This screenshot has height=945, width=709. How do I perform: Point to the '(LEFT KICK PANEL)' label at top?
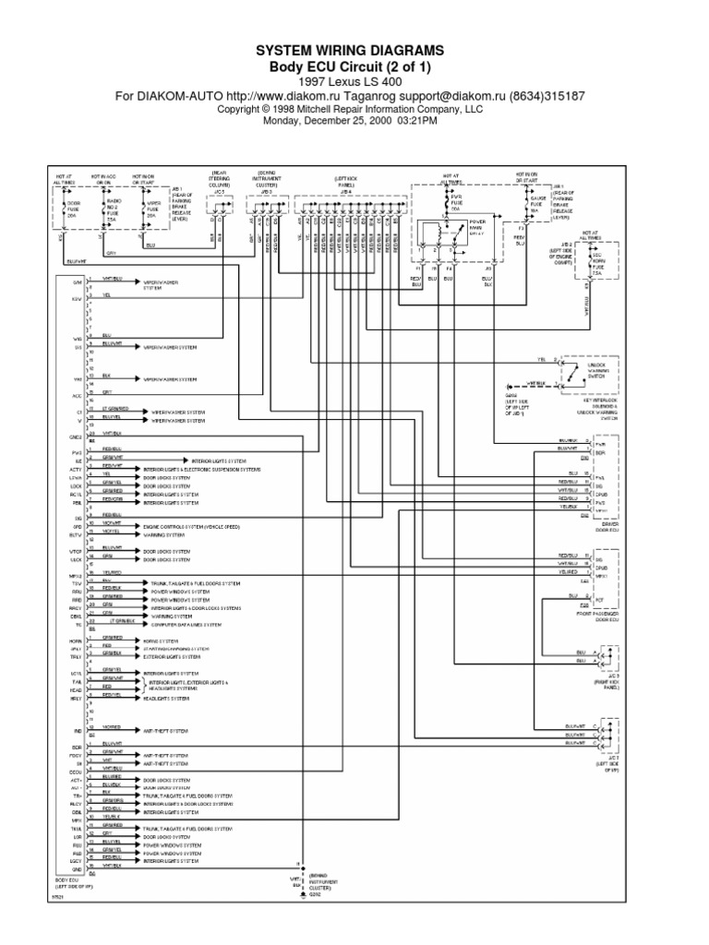(x=351, y=179)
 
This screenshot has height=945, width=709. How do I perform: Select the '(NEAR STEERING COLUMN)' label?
(x=220, y=179)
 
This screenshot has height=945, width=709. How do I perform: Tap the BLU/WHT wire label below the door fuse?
(x=76, y=261)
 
